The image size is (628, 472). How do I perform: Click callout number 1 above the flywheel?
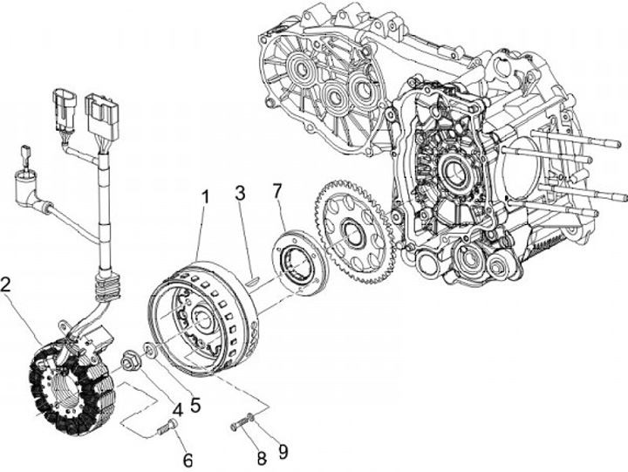pos(205,198)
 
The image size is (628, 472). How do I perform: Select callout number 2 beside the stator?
pos(6,284)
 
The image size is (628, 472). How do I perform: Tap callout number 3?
pos(240,193)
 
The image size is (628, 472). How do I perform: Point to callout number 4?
pos(177,409)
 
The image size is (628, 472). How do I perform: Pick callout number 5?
pos(195,405)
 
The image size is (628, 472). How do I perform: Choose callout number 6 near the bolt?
pos(188,460)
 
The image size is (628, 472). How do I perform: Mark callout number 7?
pos(278,192)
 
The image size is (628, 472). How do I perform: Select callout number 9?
pos(283,452)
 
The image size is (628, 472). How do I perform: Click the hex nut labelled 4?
pos(131,360)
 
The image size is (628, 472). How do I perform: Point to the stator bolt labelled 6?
pos(167,428)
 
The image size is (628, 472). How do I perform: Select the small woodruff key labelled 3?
pos(252,279)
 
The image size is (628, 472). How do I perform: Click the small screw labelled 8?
pos(240,424)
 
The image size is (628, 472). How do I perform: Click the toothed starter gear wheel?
pos(356,231)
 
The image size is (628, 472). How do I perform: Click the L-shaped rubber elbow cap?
pos(29,188)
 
